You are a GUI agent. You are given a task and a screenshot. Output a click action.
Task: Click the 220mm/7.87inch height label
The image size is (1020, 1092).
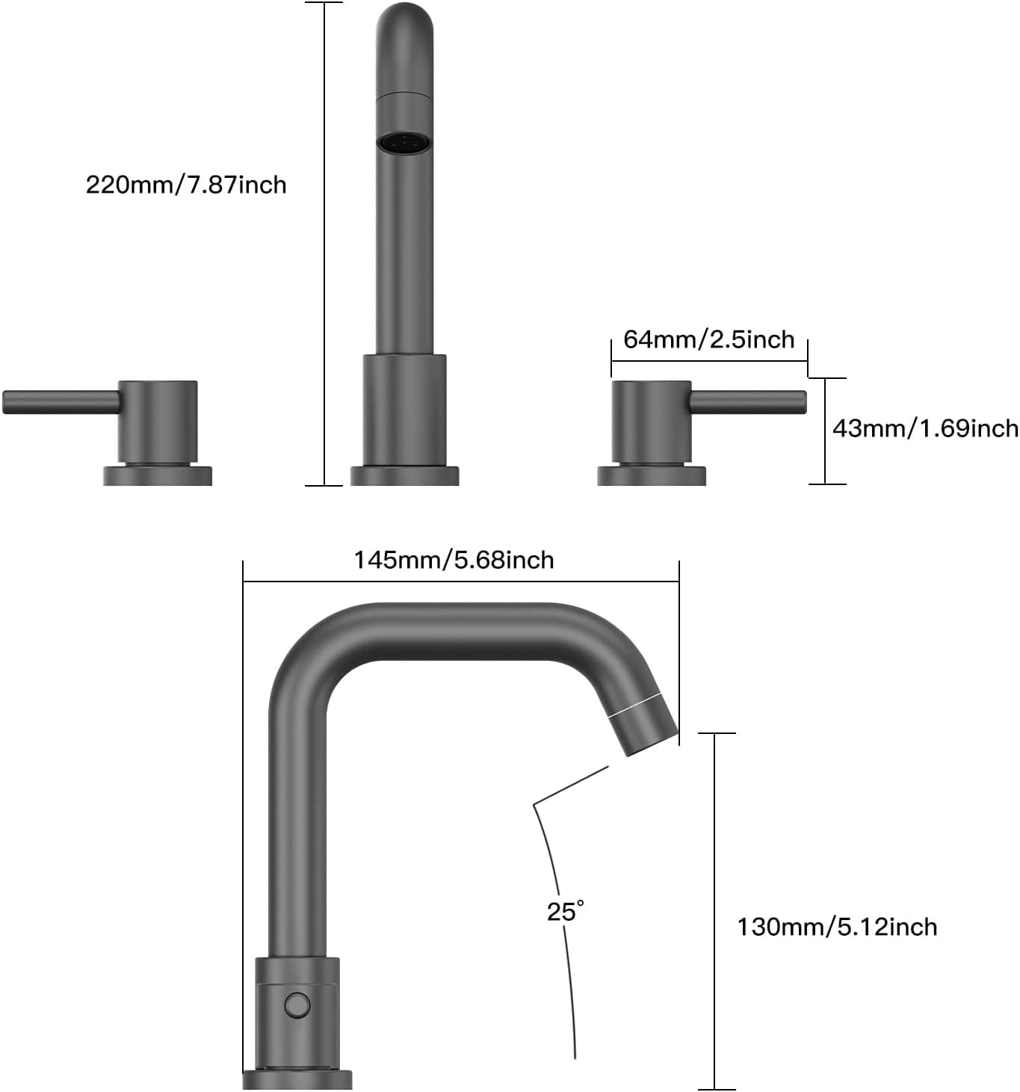(x=186, y=185)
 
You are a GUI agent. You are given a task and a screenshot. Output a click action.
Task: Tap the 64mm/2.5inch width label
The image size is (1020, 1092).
(x=708, y=339)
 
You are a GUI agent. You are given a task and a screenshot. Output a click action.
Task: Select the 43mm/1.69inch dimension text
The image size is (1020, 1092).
(x=924, y=428)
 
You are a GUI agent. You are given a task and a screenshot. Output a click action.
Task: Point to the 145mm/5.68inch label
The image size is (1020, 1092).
(x=454, y=560)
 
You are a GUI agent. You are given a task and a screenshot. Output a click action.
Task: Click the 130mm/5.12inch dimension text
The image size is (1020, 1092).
(x=837, y=927)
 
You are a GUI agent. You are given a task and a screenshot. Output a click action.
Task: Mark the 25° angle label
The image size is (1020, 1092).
(x=565, y=911)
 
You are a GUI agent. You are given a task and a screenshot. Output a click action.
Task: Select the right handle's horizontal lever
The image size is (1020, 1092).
(x=747, y=401)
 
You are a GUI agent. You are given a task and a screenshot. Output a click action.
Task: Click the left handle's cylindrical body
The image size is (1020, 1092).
(x=158, y=422)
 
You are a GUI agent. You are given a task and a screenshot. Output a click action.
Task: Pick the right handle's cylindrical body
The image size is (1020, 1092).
(x=651, y=422)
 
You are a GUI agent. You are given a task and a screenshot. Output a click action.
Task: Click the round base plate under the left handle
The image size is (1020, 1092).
(x=158, y=476)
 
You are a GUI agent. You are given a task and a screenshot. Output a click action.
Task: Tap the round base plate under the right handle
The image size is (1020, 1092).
(x=651, y=476)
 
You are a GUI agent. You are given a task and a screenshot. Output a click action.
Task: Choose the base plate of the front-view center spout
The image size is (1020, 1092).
(x=404, y=476)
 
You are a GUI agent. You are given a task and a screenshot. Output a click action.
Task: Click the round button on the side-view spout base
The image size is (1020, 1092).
(x=297, y=1005)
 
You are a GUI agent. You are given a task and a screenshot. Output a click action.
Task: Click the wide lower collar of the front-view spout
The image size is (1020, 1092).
(x=404, y=410)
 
